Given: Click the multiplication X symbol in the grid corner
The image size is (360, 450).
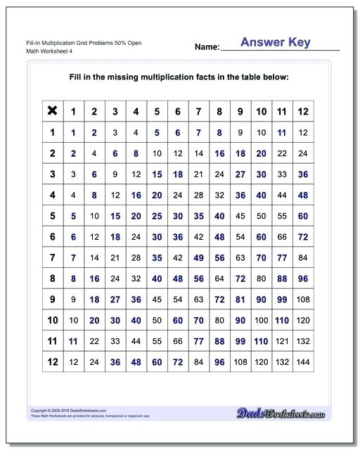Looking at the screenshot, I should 51,110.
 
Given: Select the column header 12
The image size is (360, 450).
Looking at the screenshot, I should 303,111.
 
